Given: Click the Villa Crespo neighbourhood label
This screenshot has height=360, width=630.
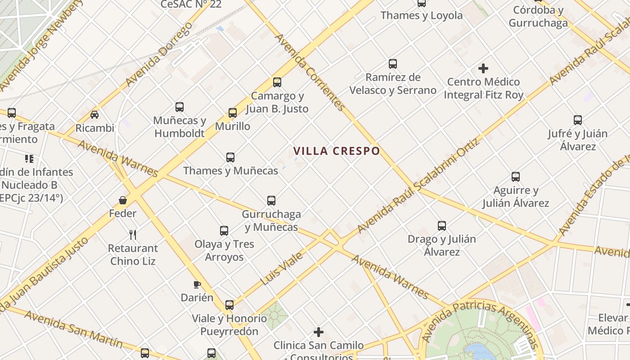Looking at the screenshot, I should pos(337,151).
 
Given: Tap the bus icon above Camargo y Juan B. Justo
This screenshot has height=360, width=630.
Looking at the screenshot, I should pos(277,82).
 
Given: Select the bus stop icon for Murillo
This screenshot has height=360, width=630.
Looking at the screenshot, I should pos(233,113).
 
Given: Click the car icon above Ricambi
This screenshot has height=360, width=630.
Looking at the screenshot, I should pos(94,115).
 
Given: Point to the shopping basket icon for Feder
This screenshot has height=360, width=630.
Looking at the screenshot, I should pos(123,200).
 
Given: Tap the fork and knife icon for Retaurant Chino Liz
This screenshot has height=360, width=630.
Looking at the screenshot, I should pos(133,234).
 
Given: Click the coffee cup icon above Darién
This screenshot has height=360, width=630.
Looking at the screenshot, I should pos(197,284).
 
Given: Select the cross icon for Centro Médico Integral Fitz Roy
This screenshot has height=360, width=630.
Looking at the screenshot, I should pos(483,68).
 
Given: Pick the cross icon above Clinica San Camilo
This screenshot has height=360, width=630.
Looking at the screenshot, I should pos(319,332).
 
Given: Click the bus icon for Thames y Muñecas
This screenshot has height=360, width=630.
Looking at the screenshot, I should pos(230,157).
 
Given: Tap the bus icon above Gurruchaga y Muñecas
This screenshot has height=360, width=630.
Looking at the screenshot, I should pos(271,201).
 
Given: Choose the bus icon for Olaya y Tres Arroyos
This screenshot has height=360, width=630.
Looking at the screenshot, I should pos(224,231).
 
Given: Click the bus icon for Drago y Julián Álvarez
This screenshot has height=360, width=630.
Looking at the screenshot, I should pos(442,226).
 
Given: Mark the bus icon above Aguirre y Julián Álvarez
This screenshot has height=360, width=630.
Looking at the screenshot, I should pos(516,177).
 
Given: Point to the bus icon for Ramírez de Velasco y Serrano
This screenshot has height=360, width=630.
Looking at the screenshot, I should pos(393,64).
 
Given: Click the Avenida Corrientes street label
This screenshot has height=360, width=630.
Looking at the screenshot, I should pos(310,72).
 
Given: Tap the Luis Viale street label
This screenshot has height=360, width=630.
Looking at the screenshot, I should pos(282,269).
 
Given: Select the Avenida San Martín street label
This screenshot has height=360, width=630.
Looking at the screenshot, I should pos(74,329).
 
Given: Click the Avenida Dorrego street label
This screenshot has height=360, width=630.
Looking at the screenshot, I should pos(159,54).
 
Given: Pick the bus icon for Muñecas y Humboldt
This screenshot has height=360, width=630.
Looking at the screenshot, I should pos(180,107).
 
